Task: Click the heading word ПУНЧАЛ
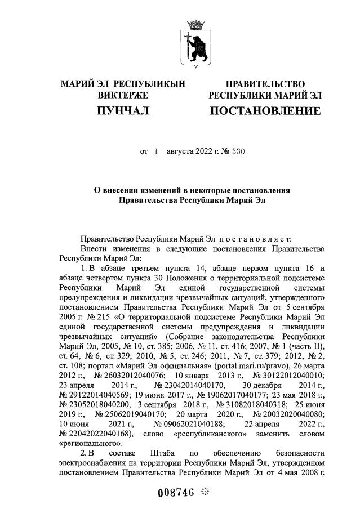tap(123, 111)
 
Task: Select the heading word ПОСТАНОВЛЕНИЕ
tap(265, 111)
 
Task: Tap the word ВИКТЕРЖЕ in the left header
tap(123, 95)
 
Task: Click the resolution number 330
tap(238, 152)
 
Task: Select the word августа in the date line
tap(176, 152)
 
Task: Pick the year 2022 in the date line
tap(205, 152)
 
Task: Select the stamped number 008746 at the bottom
tap(176, 492)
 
